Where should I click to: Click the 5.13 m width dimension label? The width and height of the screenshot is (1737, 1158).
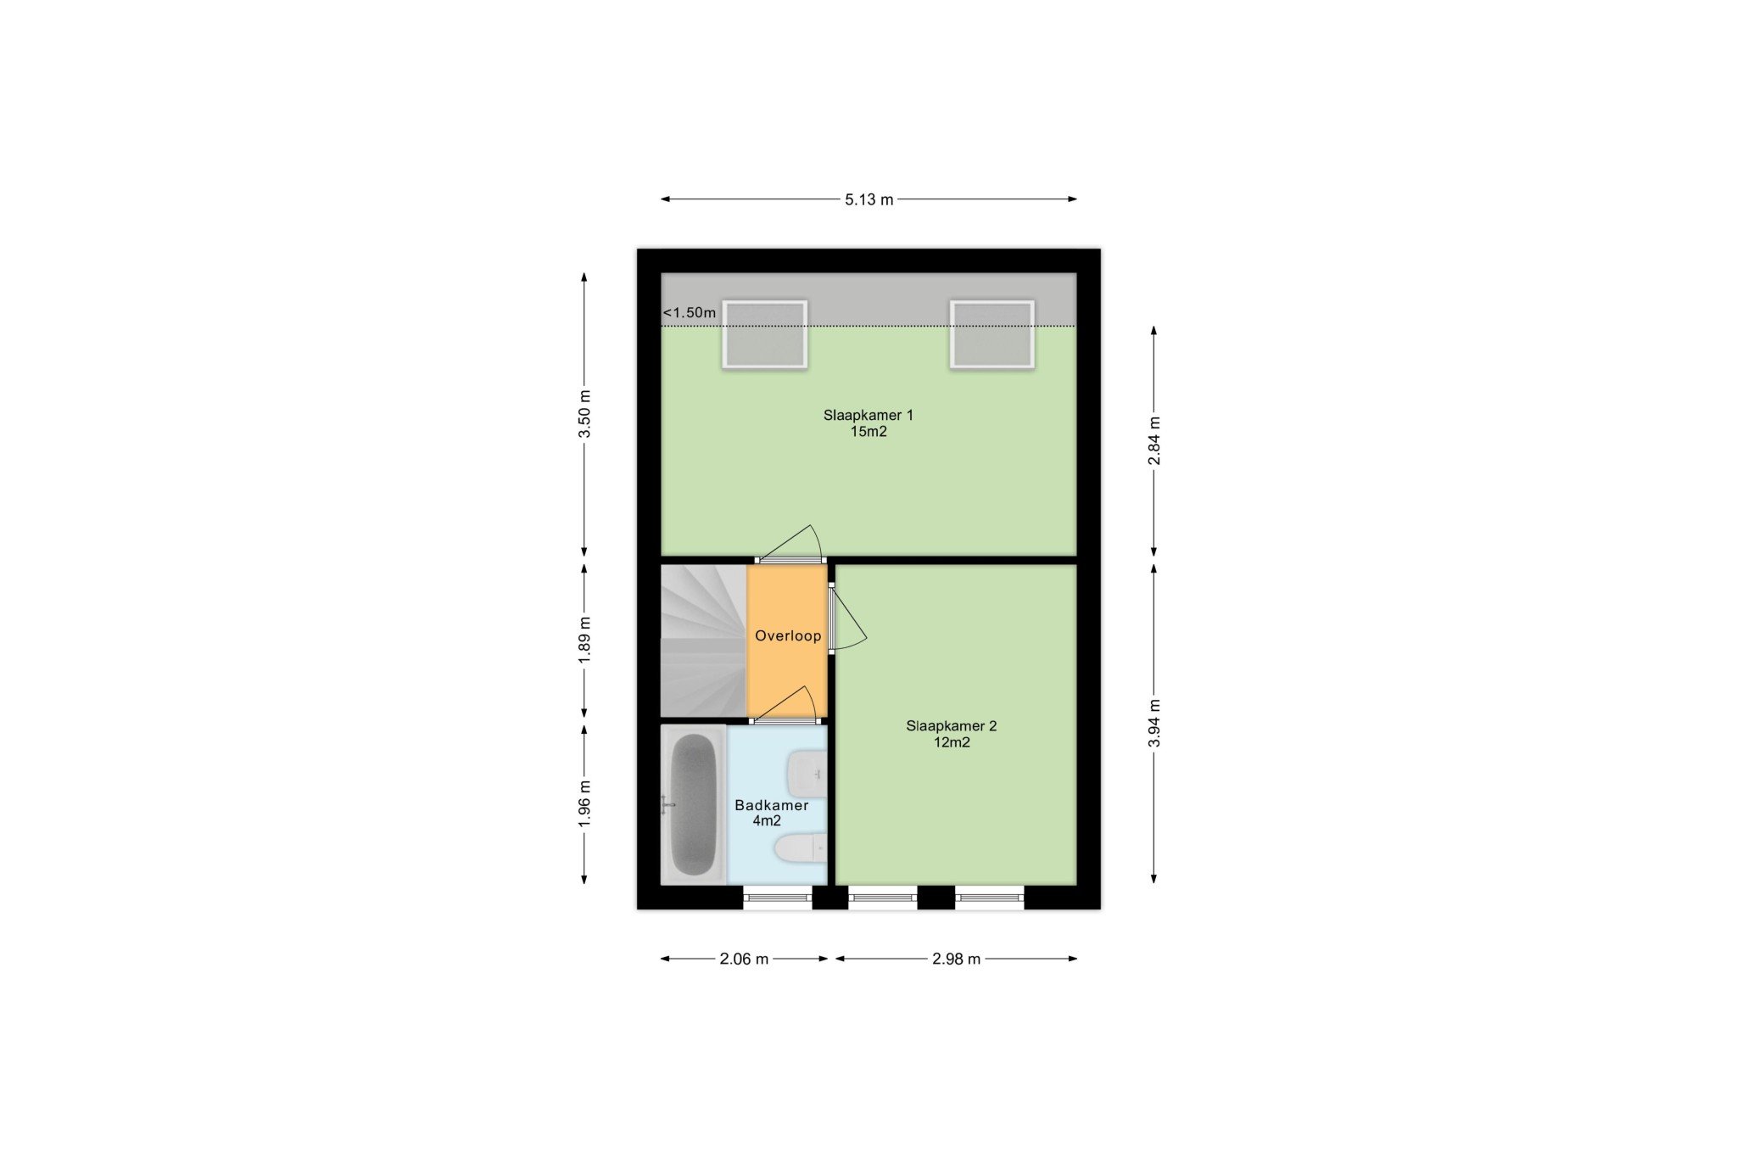tap(868, 200)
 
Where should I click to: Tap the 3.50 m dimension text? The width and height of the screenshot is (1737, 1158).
tap(584, 414)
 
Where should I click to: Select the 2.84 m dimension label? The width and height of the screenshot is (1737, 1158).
tap(1154, 441)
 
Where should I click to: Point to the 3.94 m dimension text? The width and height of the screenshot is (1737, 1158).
tap(1154, 724)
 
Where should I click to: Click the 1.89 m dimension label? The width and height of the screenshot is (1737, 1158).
tap(584, 642)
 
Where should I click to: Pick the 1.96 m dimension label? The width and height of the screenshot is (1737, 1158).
tap(584, 804)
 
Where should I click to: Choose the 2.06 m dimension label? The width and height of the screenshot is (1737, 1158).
tap(744, 959)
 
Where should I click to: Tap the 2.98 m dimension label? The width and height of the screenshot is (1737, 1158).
tap(956, 959)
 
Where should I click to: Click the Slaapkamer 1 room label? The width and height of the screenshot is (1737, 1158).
tap(868, 416)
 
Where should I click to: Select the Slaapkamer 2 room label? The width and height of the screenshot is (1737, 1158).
tap(952, 726)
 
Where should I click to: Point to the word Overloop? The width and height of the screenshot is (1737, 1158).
tap(788, 636)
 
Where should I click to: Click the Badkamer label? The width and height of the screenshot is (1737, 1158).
tap(772, 806)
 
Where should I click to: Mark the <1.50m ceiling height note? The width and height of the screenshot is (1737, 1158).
tap(690, 313)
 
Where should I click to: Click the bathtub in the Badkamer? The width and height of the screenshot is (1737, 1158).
tap(694, 804)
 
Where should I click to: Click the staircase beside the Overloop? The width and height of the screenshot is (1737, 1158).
tap(703, 641)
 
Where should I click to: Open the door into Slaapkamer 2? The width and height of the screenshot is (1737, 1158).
tap(846, 618)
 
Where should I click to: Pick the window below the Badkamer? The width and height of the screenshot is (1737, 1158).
tap(778, 898)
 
